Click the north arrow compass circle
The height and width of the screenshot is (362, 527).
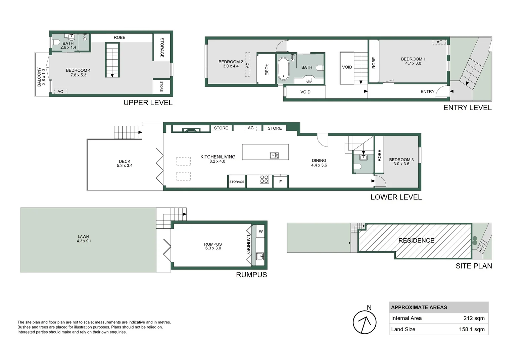point(365,322)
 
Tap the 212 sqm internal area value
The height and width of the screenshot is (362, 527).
point(474,318)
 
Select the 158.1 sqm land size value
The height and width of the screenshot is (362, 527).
point(472,329)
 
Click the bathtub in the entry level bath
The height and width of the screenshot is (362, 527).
point(283,69)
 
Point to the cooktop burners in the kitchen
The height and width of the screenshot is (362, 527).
point(264,179)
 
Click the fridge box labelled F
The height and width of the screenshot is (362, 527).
point(280,182)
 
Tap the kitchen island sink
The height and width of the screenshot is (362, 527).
point(274,156)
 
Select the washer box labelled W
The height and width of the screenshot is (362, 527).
point(261,232)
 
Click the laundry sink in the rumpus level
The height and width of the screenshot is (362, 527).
point(260,256)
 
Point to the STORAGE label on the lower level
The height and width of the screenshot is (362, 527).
point(237,182)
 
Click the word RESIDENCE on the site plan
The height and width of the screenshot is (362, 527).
point(416,241)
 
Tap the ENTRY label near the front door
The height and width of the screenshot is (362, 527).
point(427,92)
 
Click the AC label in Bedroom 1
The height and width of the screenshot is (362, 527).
point(439,42)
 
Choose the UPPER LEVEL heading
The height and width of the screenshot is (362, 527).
point(148,103)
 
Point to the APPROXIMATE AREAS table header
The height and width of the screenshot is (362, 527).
point(419,307)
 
